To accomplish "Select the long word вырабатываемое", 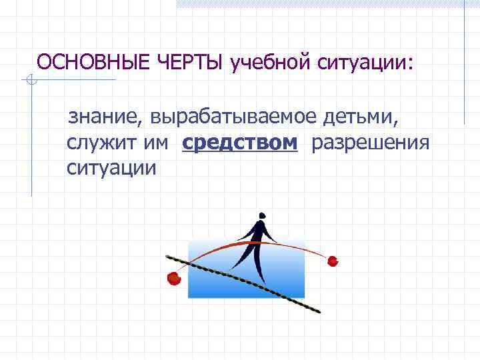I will [234, 119].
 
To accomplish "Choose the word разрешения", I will [370, 143].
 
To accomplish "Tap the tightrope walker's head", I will [261, 216].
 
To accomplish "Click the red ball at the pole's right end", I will [333, 261].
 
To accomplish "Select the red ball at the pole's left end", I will [174, 277].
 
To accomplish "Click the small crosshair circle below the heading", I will [30, 81].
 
